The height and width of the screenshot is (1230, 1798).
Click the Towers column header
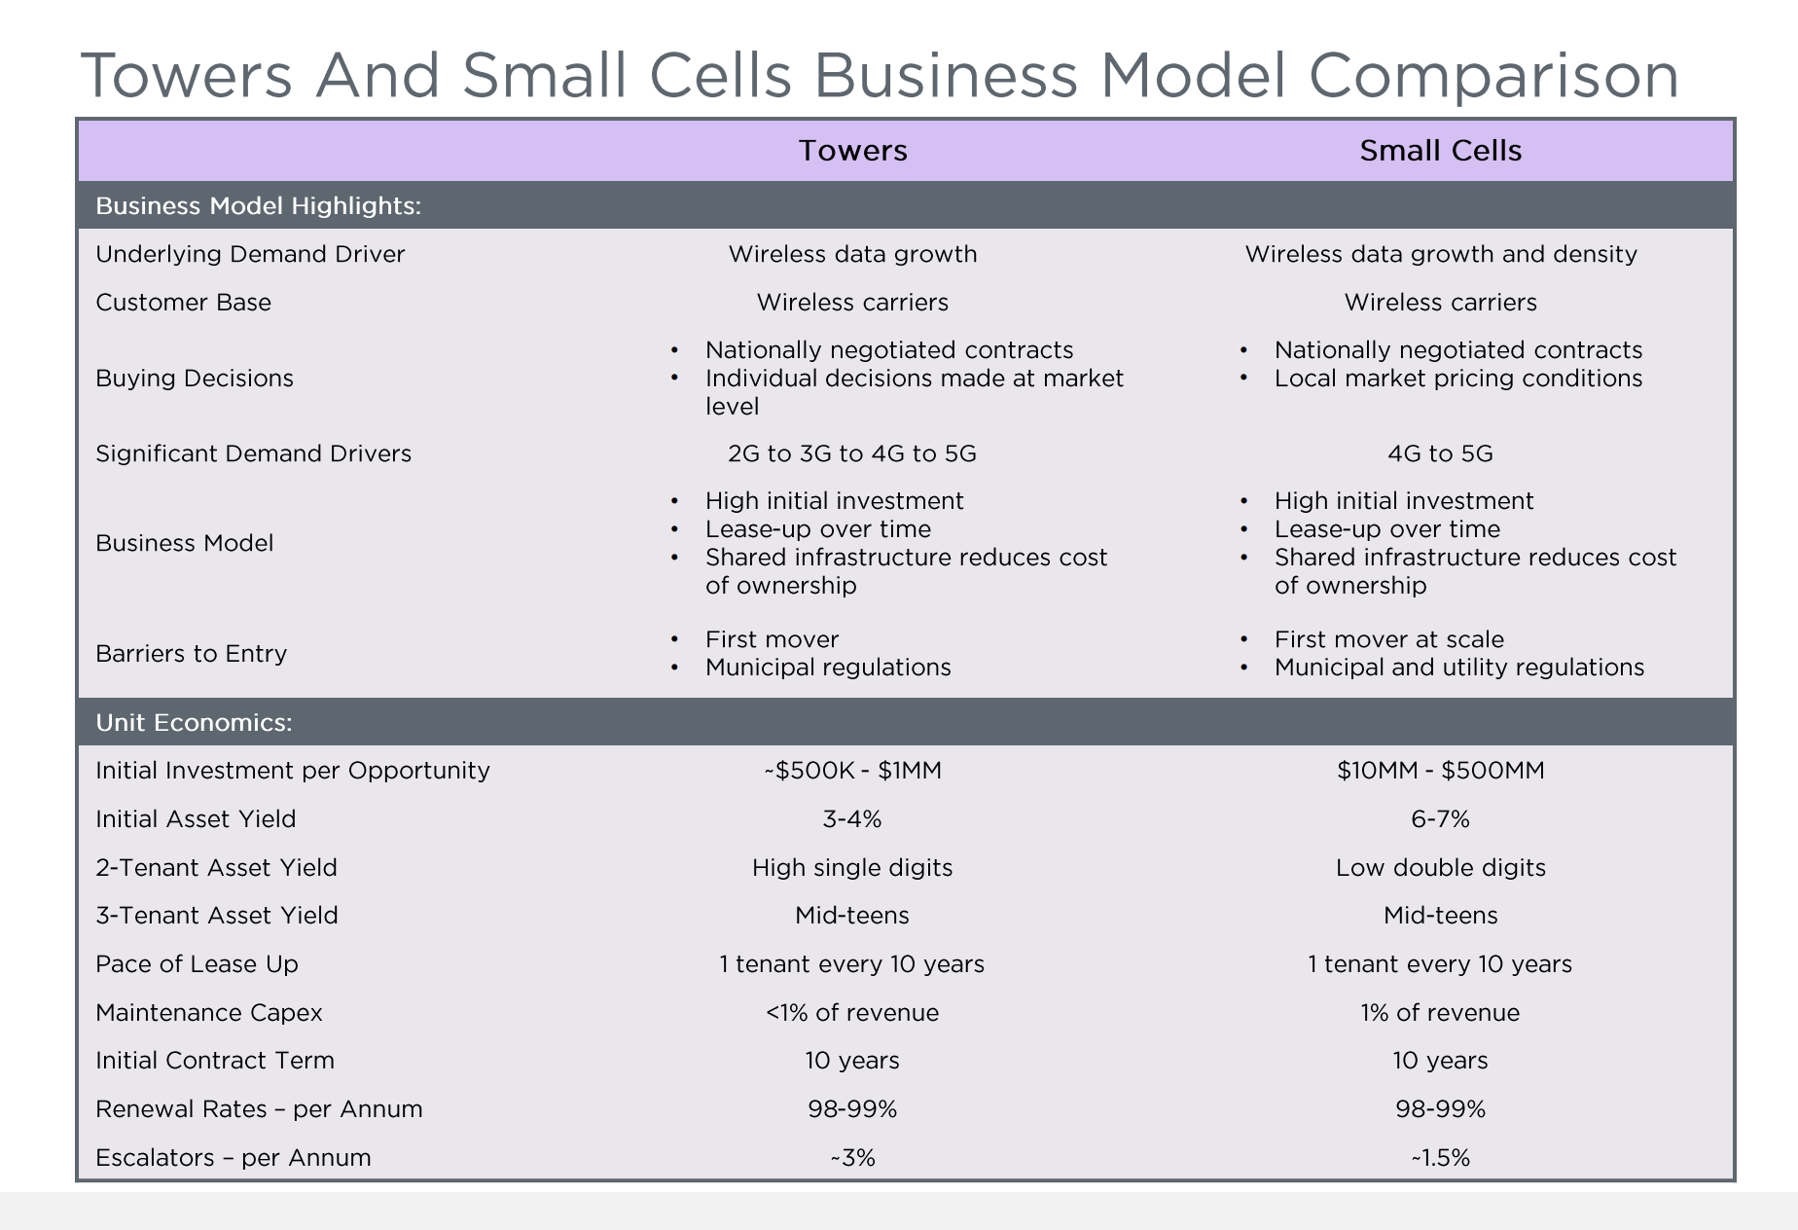[852, 151]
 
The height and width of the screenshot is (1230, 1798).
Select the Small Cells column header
[1440, 151]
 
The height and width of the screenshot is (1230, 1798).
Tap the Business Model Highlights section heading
[258, 206]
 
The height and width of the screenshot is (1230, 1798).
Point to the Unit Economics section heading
[194, 723]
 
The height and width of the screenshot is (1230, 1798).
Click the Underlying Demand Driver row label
[250, 254]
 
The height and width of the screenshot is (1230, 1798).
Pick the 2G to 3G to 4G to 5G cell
[851, 453]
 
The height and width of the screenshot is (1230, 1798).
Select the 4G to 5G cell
[1440, 453]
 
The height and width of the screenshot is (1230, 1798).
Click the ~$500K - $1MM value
[852, 771]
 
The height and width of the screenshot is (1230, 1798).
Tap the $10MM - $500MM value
[1440, 771]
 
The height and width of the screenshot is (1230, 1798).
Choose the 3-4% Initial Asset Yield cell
[852, 819]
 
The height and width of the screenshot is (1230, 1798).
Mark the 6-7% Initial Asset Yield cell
[1440, 819]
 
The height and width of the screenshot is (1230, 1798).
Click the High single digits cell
[852, 868]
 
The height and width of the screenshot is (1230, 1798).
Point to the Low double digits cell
[1440, 868]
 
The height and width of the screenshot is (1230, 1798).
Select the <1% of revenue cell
[852, 1013]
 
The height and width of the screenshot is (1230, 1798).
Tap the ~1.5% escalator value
[1440, 1158]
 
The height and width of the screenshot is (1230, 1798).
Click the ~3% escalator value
[852, 1158]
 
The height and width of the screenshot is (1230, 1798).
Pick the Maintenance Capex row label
[208, 1013]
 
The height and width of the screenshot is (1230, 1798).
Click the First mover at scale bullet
[1388, 639]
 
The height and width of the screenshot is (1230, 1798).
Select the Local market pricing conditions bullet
[1457, 379]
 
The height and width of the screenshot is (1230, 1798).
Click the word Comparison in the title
[1493, 76]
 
